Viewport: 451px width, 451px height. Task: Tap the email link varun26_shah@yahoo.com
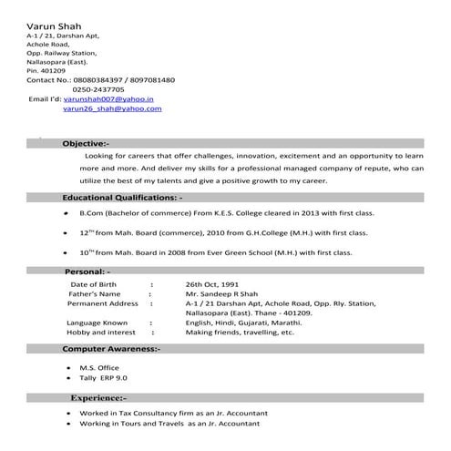click(112, 108)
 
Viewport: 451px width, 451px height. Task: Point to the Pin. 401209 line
click(46, 69)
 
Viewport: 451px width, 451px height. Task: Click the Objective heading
click(86, 143)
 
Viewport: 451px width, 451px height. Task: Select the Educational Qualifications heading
click(122, 197)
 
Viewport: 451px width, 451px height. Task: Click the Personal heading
click(87, 272)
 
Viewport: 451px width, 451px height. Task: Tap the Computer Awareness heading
click(111, 349)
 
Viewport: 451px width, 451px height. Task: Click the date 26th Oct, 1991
click(212, 284)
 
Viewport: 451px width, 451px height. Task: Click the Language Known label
click(97, 323)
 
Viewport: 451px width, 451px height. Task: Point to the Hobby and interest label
click(101, 333)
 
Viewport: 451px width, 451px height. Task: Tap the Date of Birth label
click(96, 284)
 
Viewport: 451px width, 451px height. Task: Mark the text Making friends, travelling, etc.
click(240, 333)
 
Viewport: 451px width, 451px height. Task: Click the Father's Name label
click(95, 294)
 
